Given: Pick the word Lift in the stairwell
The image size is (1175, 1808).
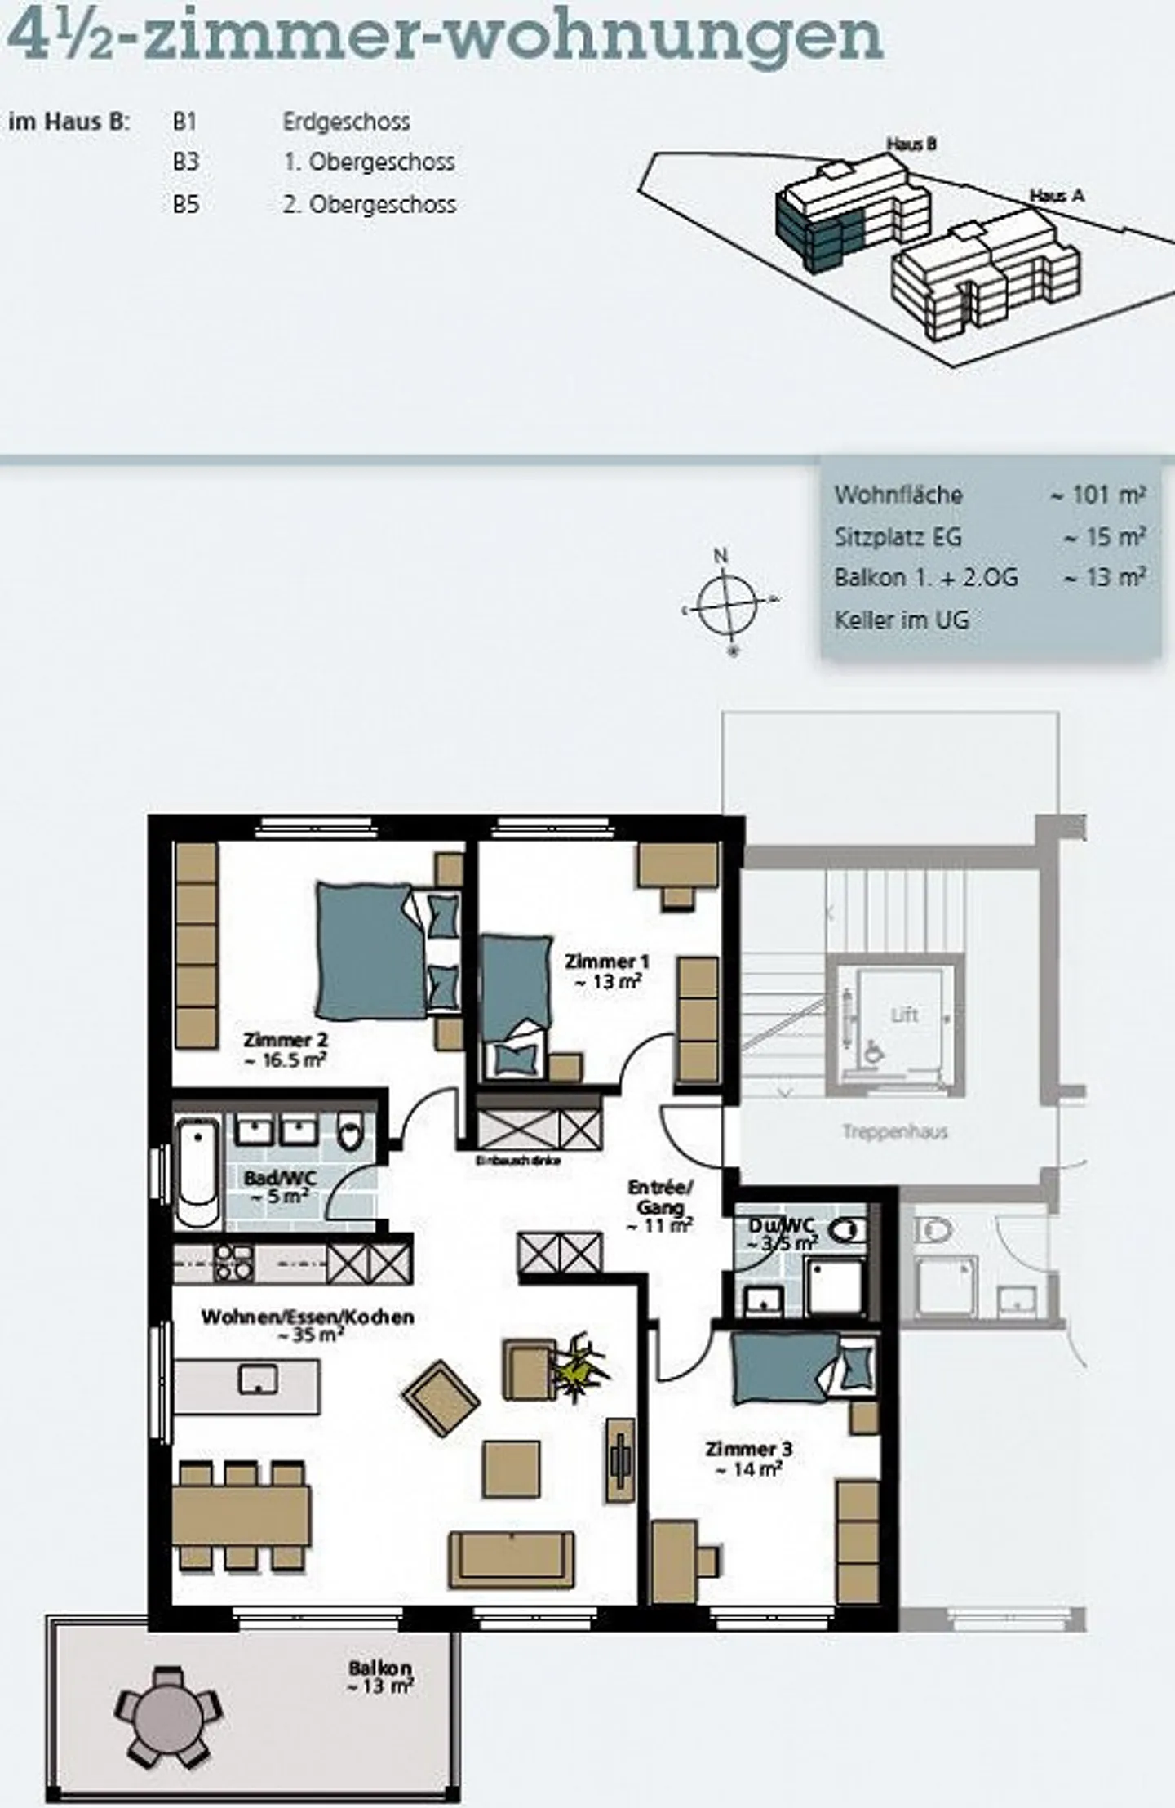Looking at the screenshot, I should pos(904,1015).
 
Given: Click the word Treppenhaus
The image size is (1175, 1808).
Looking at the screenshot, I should pos(894,1132).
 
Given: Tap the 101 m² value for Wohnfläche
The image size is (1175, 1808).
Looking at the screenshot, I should pos(1098,495).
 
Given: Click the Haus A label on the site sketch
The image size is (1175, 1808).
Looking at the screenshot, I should pos(1057,196).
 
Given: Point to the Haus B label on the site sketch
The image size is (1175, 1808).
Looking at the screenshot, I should pos(911,144).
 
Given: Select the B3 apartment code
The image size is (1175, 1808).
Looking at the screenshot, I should pos(185,162).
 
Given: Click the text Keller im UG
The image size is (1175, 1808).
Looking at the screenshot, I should pos(902,620).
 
